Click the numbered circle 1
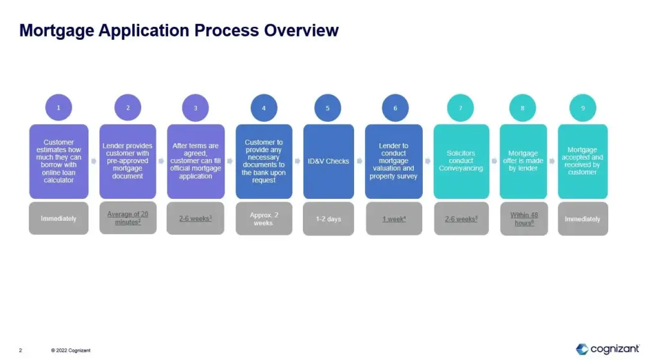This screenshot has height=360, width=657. point(58,108)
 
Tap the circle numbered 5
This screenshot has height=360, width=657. point(328,108)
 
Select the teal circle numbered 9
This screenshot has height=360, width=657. point(583,108)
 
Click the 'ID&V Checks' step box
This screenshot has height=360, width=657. point(328,161)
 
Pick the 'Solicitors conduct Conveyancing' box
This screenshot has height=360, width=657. point(461,161)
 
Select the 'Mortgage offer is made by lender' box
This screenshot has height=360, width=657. point(524,161)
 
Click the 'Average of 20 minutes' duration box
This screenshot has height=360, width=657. point(128,218)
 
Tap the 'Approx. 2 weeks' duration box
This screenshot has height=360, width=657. point(264,219)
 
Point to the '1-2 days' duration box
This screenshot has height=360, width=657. point(328,219)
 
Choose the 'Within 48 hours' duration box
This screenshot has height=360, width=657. point(524,219)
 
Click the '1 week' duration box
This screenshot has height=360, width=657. point(394,219)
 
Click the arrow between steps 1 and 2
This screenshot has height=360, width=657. point(94,161)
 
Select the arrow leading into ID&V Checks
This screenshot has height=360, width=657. point(298,161)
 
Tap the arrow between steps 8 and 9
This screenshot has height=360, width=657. point(552,161)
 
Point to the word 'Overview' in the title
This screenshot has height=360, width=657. point(302,31)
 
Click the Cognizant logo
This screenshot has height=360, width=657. point(608,349)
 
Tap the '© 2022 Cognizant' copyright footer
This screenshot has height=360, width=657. point(71,350)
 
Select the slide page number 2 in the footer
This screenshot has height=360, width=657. point(21,350)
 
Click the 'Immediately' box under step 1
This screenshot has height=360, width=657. point(58,218)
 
